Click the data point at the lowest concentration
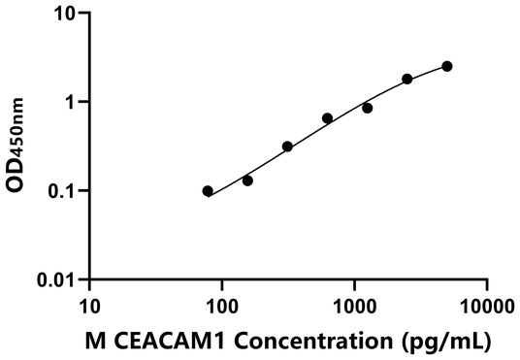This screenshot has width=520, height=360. pyautogui.click(x=208, y=191)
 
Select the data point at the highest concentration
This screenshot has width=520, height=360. pyautogui.click(x=447, y=66)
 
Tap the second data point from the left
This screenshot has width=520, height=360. pyautogui.click(x=247, y=180)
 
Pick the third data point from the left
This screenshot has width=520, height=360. pyautogui.click(x=287, y=147)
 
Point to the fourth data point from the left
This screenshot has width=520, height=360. pyautogui.click(x=327, y=118)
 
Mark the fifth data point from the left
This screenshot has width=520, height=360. pyautogui.click(x=368, y=108)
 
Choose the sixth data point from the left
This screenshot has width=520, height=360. pyautogui.click(x=407, y=79)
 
